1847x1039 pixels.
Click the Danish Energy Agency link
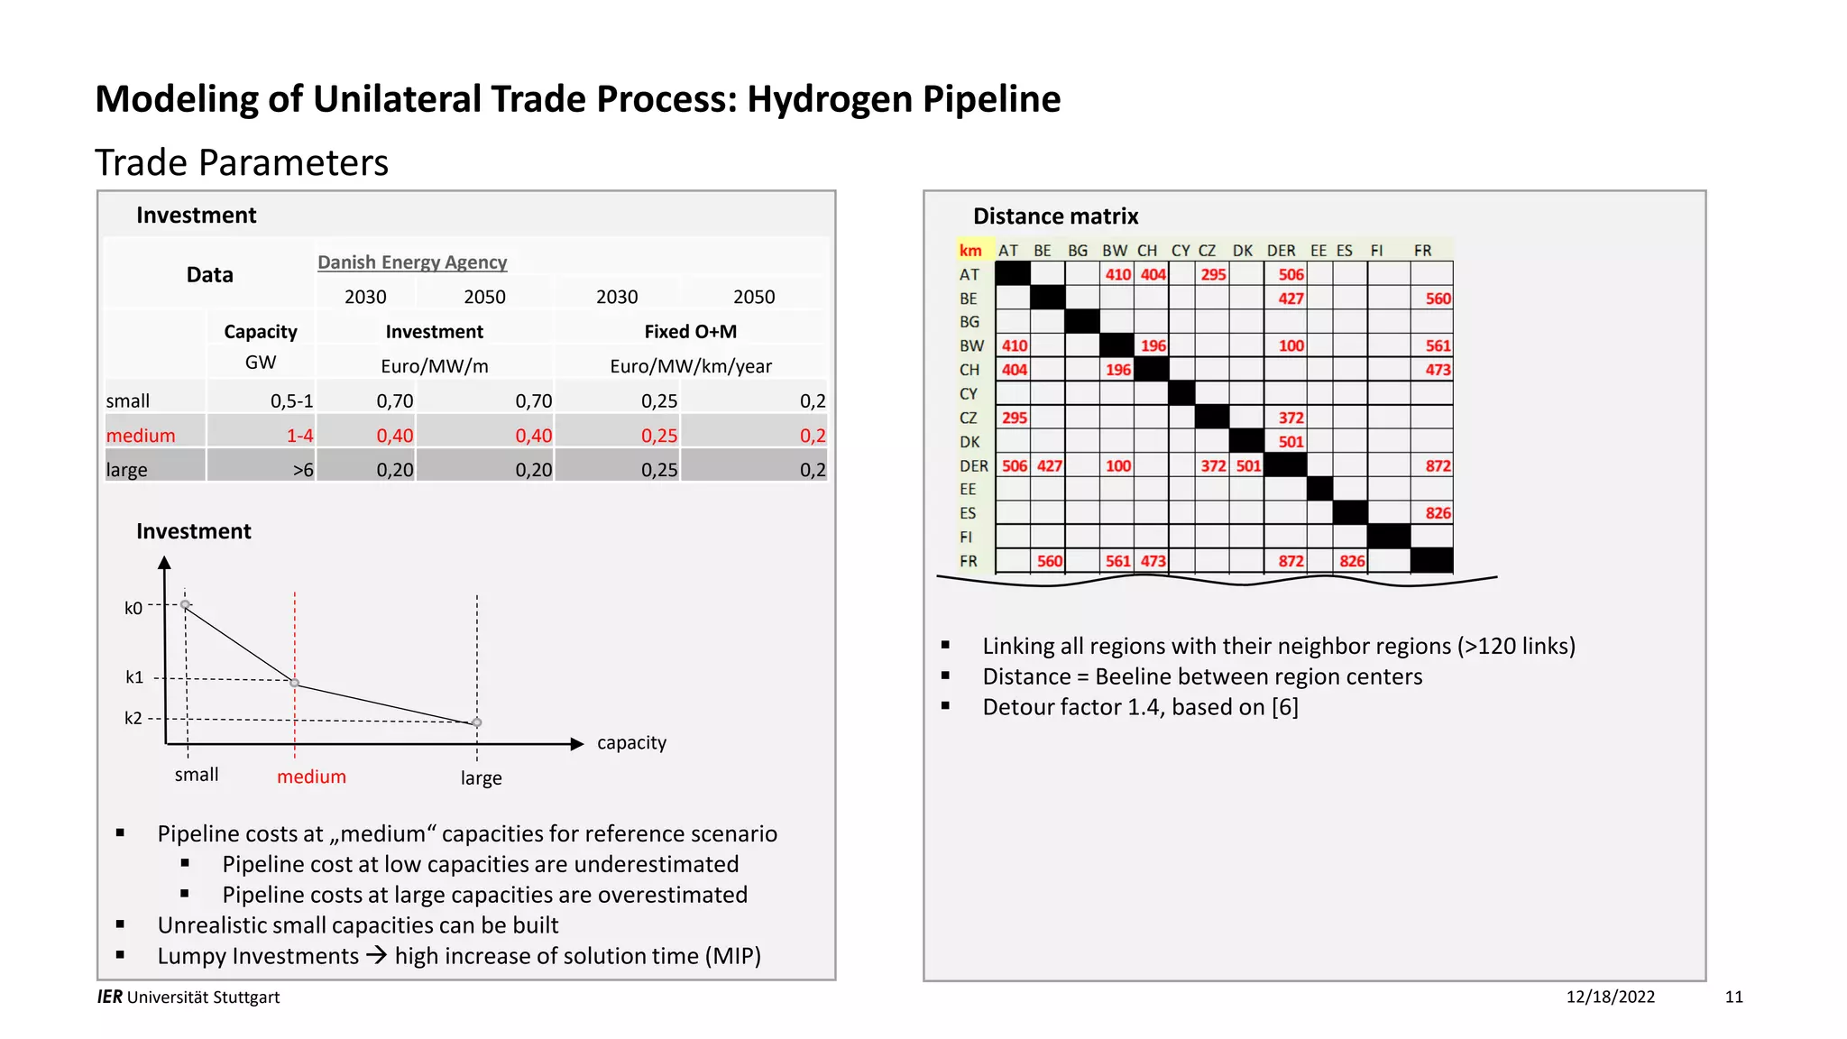[x=412, y=262]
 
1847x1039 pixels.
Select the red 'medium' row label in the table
[x=141, y=436]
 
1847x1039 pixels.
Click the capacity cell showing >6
[x=303, y=470]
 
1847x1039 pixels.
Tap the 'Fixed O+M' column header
[x=690, y=332]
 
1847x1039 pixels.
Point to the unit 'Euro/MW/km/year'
[x=690, y=366]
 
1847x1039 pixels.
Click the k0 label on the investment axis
[x=133, y=608]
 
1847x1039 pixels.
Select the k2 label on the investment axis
[x=133, y=718]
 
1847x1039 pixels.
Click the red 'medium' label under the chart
[x=311, y=777]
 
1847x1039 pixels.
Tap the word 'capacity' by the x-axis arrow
[x=631, y=743]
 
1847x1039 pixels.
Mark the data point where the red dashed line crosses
[x=295, y=683]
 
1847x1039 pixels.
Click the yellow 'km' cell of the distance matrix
[x=970, y=251]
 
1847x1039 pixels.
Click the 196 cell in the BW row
[x=1153, y=346]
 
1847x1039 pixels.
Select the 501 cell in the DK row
[x=1291, y=442]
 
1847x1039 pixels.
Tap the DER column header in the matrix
[x=1281, y=251]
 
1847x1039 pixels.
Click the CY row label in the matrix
[x=969, y=394]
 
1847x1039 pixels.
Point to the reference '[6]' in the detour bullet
[x=1284, y=707]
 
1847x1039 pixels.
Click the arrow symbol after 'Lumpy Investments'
[x=376, y=955]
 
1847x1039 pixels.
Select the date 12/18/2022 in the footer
[x=1610, y=997]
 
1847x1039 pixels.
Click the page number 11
[x=1733, y=997]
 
